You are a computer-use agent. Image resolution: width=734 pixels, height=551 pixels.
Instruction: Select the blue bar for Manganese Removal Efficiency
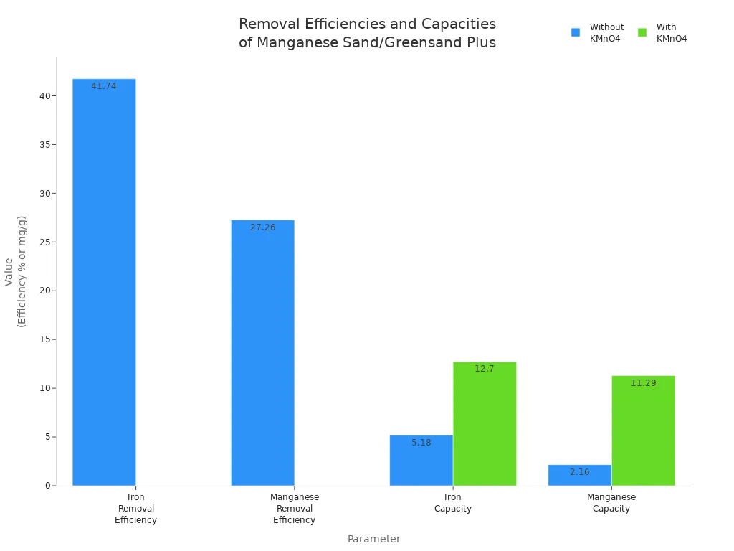tap(262, 352)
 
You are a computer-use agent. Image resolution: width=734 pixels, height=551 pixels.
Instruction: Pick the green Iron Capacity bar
tap(485, 423)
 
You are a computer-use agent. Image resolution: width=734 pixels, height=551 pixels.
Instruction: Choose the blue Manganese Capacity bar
tap(579, 475)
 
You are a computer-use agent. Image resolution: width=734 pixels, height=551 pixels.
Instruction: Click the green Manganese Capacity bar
tap(643, 430)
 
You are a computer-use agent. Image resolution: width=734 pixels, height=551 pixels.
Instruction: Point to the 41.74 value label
tap(104, 86)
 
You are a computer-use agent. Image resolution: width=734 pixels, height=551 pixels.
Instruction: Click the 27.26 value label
tap(262, 227)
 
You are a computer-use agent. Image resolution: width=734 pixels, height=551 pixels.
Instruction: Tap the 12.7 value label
tap(485, 369)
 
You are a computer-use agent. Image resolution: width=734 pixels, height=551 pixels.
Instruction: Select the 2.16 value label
tap(579, 472)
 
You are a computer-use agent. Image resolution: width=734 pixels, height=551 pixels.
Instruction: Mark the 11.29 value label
tap(643, 383)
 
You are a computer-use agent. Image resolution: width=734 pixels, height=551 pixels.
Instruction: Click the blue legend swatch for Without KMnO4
tap(576, 32)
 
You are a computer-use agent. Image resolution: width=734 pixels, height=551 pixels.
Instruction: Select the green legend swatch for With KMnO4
tap(642, 32)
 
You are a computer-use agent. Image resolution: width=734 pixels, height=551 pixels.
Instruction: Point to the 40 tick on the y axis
tap(45, 96)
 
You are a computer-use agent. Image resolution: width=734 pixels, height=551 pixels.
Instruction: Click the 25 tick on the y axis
tap(45, 242)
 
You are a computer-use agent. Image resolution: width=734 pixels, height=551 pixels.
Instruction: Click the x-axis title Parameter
tap(373, 539)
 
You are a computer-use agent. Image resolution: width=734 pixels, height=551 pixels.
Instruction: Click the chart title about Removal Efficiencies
tap(367, 33)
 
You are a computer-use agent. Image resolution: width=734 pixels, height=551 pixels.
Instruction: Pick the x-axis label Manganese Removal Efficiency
tap(294, 509)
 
